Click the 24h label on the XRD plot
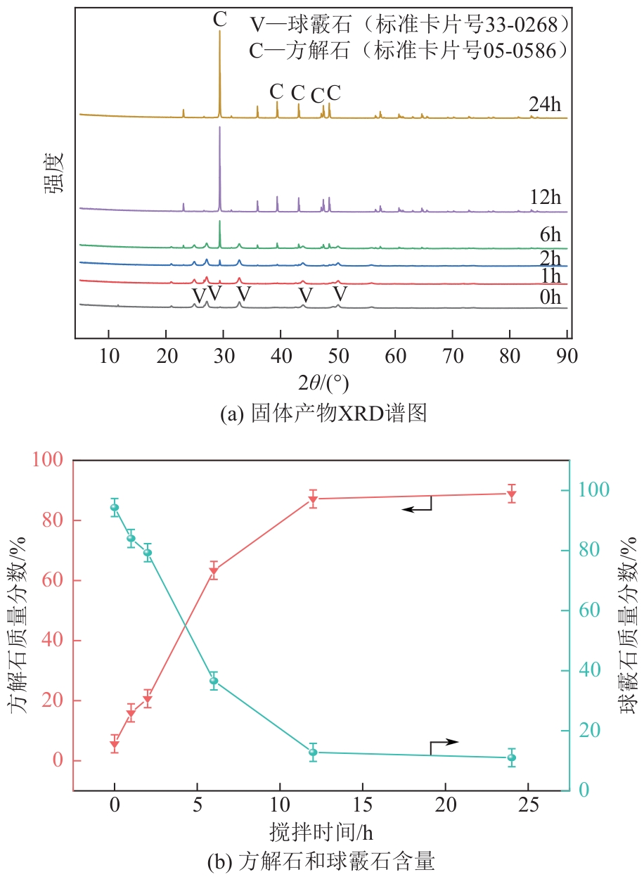(545, 105)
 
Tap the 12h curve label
(545, 196)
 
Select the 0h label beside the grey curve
(550, 297)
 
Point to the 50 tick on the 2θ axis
(338, 354)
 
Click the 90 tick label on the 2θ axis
(567, 354)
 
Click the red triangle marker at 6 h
(214, 572)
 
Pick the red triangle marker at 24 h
(512, 494)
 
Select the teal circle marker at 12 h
(313, 753)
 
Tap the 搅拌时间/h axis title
(321, 832)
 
